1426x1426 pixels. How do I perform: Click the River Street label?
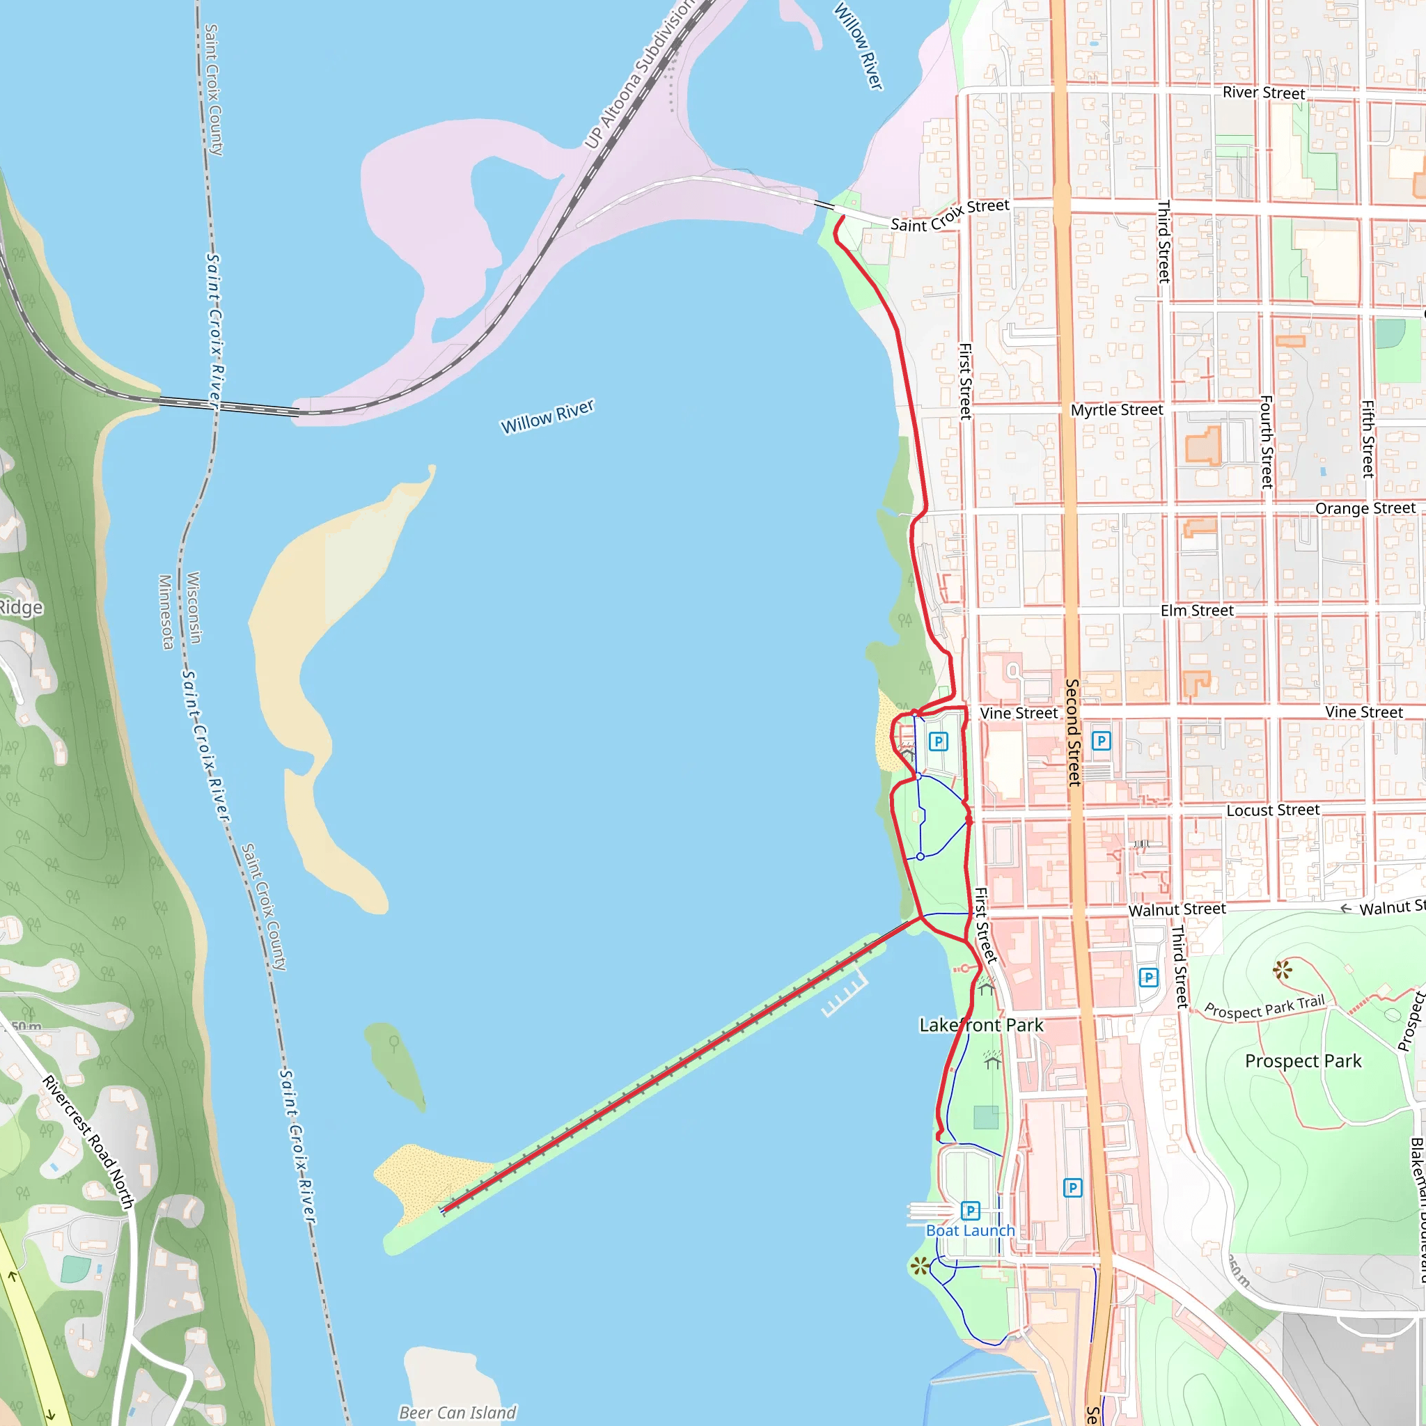click(1264, 93)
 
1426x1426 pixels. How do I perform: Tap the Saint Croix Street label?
click(949, 216)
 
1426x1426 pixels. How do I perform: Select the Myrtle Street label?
click(1117, 410)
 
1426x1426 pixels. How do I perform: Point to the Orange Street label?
click(1365, 508)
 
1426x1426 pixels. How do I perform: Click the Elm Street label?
click(1197, 611)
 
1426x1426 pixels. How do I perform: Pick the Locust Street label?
click(1274, 810)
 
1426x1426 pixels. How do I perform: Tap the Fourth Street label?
click(1267, 442)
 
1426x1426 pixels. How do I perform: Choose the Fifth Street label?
click(1368, 439)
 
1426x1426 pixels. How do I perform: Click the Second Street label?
click(1072, 733)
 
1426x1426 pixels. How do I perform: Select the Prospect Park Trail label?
click(1264, 1007)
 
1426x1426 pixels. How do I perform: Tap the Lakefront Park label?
click(981, 1025)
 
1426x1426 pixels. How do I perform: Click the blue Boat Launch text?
click(971, 1230)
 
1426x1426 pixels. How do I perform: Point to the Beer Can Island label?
click(457, 1413)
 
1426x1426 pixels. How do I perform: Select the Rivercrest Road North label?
click(88, 1143)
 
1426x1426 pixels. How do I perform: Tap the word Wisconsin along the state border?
click(194, 607)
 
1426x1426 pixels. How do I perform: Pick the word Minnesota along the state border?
click(166, 613)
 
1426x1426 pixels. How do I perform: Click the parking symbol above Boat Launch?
click(971, 1210)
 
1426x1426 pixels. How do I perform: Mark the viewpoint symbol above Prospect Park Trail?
click(1283, 970)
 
